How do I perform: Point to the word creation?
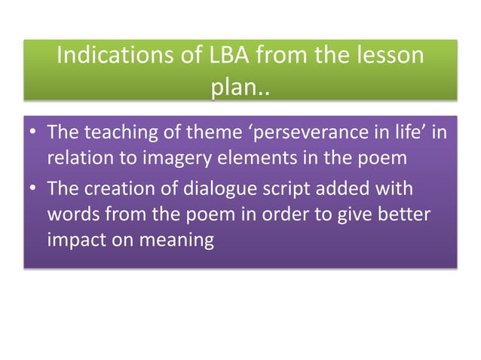point(111,191)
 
